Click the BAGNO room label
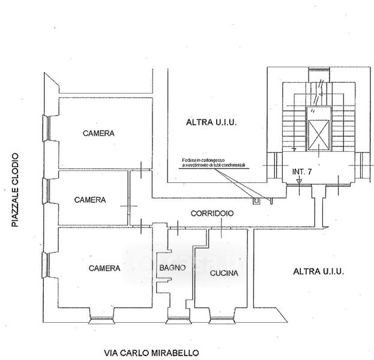tap(172, 268)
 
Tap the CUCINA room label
tap(225, 273)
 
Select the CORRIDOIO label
tap(212, 214)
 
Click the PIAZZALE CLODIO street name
tap(15, 190)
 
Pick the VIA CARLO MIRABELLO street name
tap(150, 353)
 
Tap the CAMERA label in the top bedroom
tap(99, 133)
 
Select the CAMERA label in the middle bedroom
tap(90, 200)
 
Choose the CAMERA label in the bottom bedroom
tap(104, 268)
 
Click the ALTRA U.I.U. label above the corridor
tap(212, 122)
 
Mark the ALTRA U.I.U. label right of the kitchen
tap(318, 272)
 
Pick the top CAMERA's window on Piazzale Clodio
tap(46, 130)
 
